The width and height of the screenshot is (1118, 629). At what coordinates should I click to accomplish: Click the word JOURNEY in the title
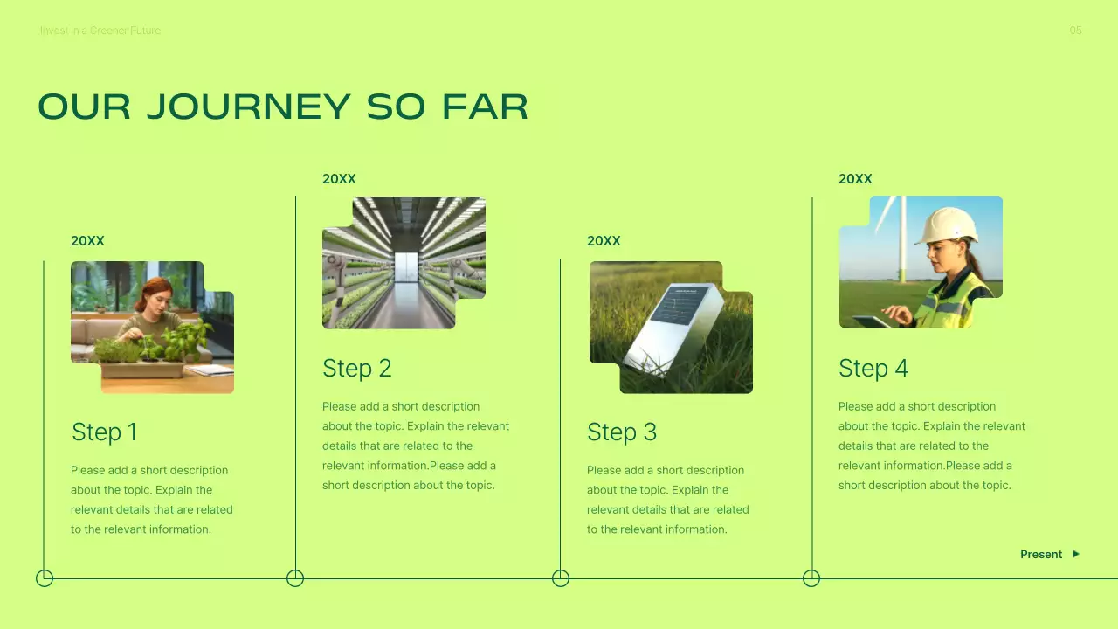(x=248, y=107)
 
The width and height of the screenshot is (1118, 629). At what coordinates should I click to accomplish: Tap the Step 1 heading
(x=104, y=432)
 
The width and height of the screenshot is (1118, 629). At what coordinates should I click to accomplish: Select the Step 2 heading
(x=356, y=368)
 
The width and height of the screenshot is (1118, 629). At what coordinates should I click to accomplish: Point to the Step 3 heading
(x=621, y=432)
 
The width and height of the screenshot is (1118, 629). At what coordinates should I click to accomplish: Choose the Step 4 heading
(x=873, y=368)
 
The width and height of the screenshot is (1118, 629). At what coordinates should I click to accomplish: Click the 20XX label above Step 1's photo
(x=87, y=241)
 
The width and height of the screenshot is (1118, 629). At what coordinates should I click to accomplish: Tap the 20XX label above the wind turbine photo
(x=855, y=179)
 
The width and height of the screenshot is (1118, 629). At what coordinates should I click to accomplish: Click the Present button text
(x=1041, y=554)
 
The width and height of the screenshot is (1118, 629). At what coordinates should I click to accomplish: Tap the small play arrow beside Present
(x=1076, y=554)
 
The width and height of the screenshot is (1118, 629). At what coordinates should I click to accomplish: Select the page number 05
(x=1075, y=31)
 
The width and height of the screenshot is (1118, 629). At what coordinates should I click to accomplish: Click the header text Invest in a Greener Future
(x=100, y=31)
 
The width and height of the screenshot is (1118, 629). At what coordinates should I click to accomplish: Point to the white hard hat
(x=947, y=225)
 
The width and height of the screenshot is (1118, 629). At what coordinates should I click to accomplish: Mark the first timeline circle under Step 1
(x=45, y=578)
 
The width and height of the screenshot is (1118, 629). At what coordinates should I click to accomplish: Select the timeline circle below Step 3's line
(x=561, y=578)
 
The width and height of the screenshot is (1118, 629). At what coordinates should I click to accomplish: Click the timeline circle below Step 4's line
(x=811, y=578)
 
